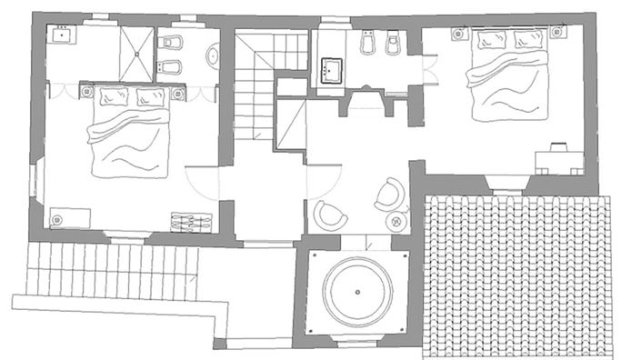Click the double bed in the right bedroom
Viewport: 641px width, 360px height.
pyautogui.click(x=508, y=77)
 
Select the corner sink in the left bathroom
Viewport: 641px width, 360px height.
pyautogui.click(x=64, y=37)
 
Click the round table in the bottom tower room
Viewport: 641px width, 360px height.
pyautogui.click(x=357, y=294)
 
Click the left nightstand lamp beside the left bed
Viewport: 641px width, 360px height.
pyautogui.click(x=87, y=92)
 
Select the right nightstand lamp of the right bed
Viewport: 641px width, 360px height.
pyautogui.click(x=556, y=34)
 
